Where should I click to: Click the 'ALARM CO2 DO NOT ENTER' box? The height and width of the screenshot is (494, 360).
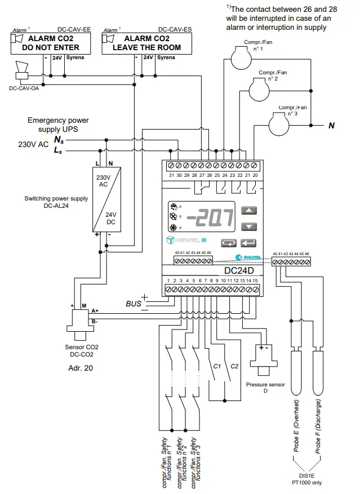click(50, 43)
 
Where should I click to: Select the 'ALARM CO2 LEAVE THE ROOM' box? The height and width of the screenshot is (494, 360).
click(142, 43)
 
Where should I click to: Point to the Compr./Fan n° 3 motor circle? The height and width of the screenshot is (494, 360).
click(282, 123)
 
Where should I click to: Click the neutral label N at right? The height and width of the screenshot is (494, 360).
click(332, 126)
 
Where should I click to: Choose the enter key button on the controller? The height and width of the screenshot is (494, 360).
click(248, 243)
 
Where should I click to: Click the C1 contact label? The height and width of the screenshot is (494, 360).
click(216, 366)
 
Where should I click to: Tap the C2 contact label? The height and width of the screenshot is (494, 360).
click(234, 366)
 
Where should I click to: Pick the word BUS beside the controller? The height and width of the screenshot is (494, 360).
click(134, 304)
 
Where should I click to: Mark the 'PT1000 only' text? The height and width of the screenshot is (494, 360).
click(307, 483)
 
